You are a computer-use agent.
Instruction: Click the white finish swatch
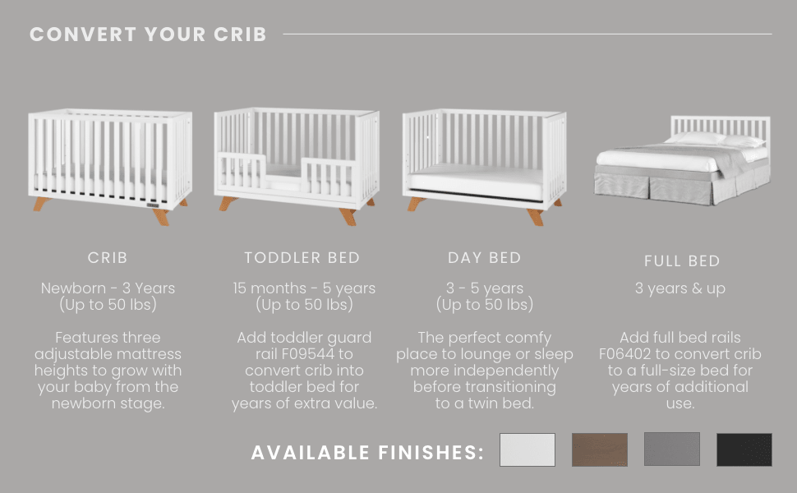[x=527, y=449]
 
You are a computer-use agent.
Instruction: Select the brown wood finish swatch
[x=599, y=449]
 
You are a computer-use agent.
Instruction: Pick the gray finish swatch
[x=671, y=449]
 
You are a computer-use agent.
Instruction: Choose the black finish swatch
[x=744, y=449]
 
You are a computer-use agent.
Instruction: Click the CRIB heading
[x=108, y=258]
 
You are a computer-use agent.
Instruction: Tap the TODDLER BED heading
[x=302, y=258]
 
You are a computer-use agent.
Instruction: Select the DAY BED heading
[x=484, y=258]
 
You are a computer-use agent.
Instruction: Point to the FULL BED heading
[x=682, y=261]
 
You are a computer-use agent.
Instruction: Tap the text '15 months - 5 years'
[x=304, y=288]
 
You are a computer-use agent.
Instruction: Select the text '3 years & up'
[x=680, y=288]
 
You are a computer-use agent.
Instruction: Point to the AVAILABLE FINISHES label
[x=367, y=453]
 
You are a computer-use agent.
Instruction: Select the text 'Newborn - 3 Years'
[x=108, y=288]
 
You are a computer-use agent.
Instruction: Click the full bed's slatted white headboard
[x=720, y=125]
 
